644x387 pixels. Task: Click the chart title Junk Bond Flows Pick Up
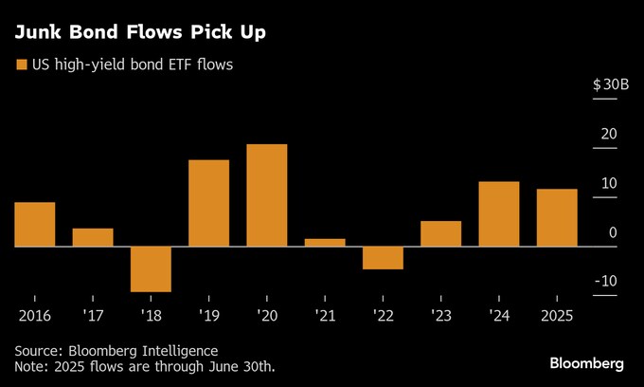click(x=139, y=32)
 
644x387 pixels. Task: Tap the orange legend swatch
click(x=20, y=65)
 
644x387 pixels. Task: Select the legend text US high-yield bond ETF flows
click(x=132, y=65)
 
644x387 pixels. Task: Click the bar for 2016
click(x=34, y=224)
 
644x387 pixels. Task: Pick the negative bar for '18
click(x=151, y=268)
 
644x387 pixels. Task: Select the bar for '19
click(x=208, y=203)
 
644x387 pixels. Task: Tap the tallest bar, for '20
click(x=266, y=195)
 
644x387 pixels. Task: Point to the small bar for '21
click(x=325, y=242)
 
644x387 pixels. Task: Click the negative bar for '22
click(x=383, y=257)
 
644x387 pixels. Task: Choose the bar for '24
click(x=499, y=213)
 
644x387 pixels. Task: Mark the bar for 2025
click(x=557, y=217)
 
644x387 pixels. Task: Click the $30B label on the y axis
click(x=610, y=85)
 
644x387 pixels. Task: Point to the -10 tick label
click(x=606, y=281)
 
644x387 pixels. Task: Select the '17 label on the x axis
click(x=93, y=315)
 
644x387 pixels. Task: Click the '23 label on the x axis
click(x=440, y=315)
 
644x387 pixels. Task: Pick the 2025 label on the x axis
click(x=556, y=315)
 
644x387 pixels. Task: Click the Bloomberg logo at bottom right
click(x=587, y=363)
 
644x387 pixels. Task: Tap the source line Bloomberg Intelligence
click(x=143, y=350)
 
